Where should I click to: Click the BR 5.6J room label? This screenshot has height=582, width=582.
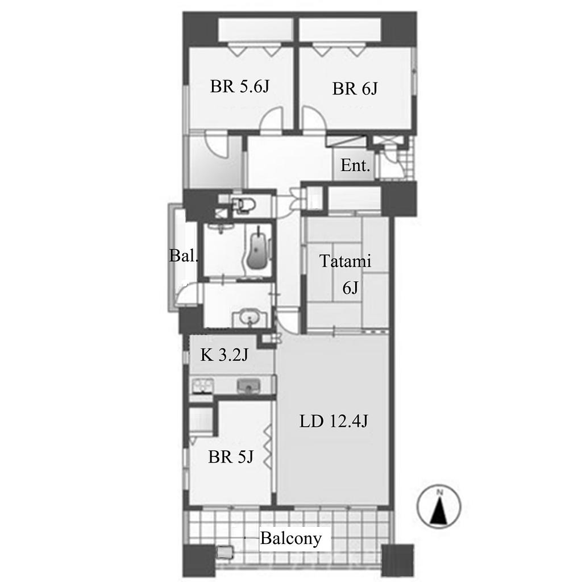click(239, 86)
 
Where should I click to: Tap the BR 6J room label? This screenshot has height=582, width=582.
click(355, 89)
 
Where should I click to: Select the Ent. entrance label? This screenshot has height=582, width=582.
click(355, 165)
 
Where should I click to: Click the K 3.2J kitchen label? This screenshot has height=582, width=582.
click(224, 355)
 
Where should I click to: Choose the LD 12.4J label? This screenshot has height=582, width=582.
click(333, 421)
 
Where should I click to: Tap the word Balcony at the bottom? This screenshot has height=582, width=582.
click(290, 538)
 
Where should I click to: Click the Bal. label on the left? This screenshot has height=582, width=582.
click(184, 255)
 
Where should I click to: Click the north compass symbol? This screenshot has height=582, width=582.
click(439, 506)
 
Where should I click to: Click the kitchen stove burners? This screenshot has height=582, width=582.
click(203, 386)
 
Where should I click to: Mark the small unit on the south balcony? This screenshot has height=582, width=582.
click(226, 552)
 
